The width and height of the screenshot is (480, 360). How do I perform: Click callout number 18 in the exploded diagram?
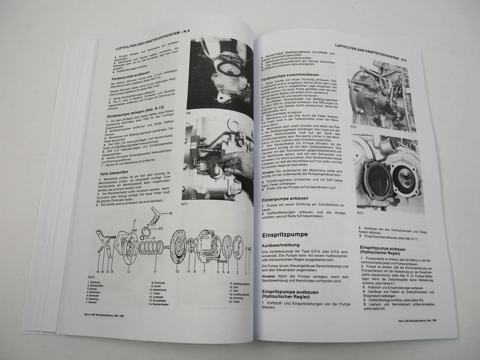(170, 214)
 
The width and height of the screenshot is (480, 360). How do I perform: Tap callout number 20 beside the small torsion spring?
(160, 228)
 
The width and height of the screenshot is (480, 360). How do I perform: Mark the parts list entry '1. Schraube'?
(97, 281)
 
